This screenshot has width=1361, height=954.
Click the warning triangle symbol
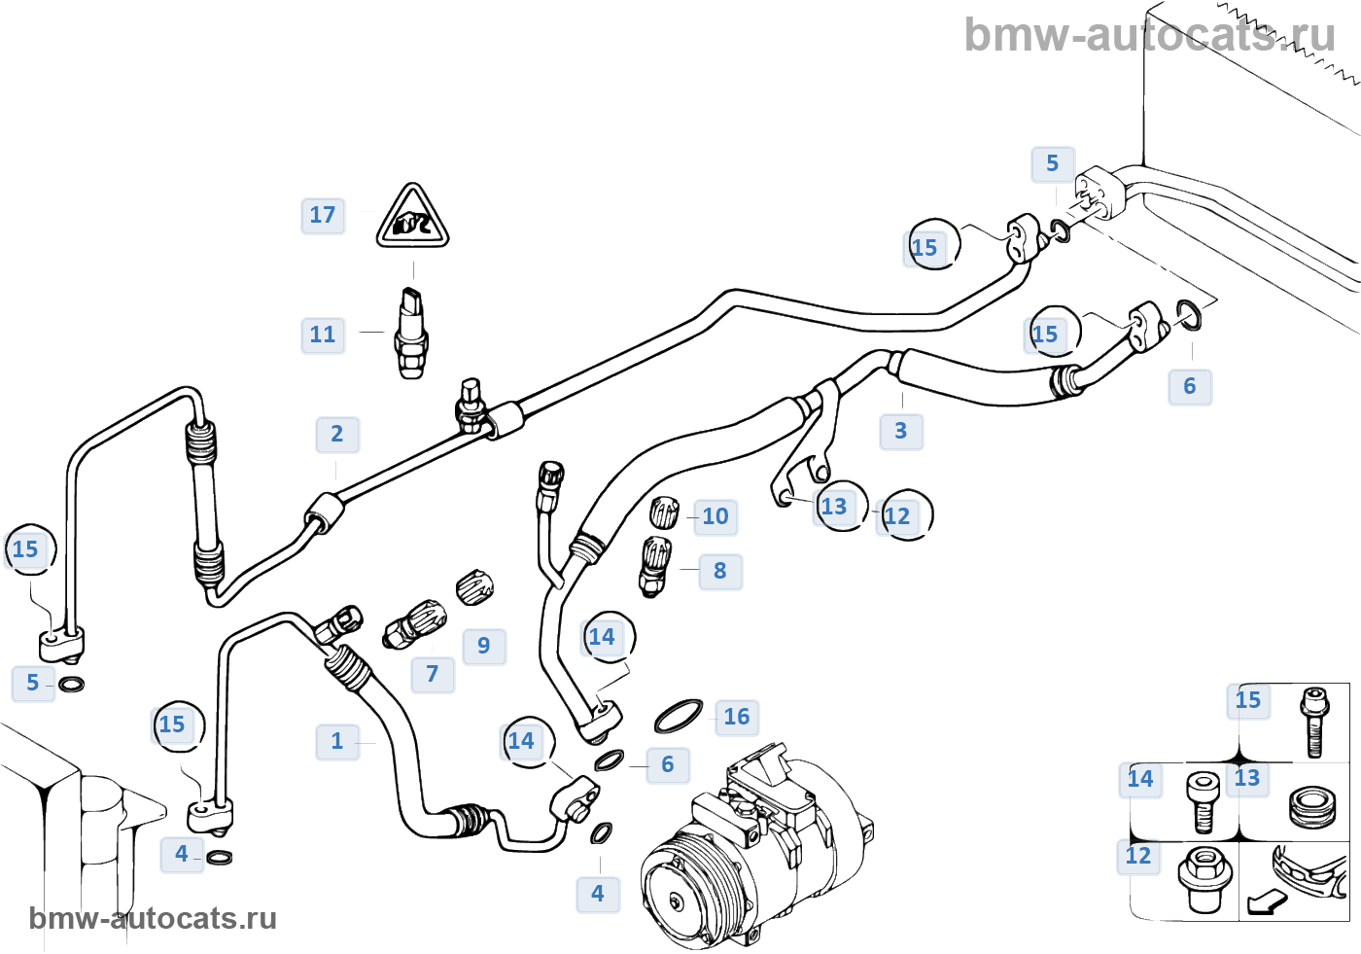click(412, 219)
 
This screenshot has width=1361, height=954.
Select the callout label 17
click(323, 215)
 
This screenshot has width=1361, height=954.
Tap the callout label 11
click(323, 335)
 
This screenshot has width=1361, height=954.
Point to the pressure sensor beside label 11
click(411, 333)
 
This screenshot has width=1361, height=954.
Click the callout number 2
click(336, 434)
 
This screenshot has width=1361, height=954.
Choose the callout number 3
click(901, 431)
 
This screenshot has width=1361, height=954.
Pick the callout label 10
click(715, 516)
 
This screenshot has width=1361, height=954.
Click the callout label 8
click(720, 571)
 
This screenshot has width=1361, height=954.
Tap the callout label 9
click(484, 646)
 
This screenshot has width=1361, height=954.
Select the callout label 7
click(433, 674)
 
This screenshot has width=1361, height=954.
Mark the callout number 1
click(337, 741)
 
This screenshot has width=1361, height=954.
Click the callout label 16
click(737, 717)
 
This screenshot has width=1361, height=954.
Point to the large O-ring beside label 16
click(679, 716)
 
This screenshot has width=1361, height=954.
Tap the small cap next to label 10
click(664, 512)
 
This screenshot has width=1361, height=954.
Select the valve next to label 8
click(654, 566)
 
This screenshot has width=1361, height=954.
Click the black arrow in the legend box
click(1267, 903)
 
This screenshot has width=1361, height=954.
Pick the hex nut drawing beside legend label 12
click(1205, 875)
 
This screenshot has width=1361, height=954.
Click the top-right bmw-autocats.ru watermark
click(1149, 35)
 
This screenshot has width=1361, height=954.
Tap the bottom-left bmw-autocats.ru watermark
click(153, 918)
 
